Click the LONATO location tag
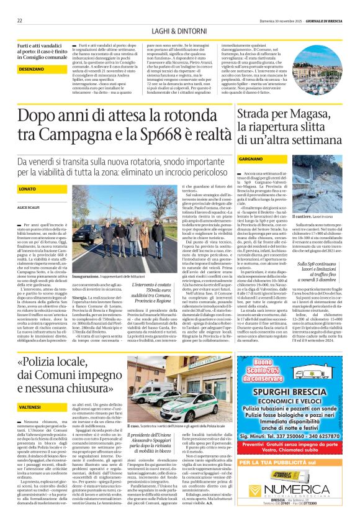click(x=27, y=188)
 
